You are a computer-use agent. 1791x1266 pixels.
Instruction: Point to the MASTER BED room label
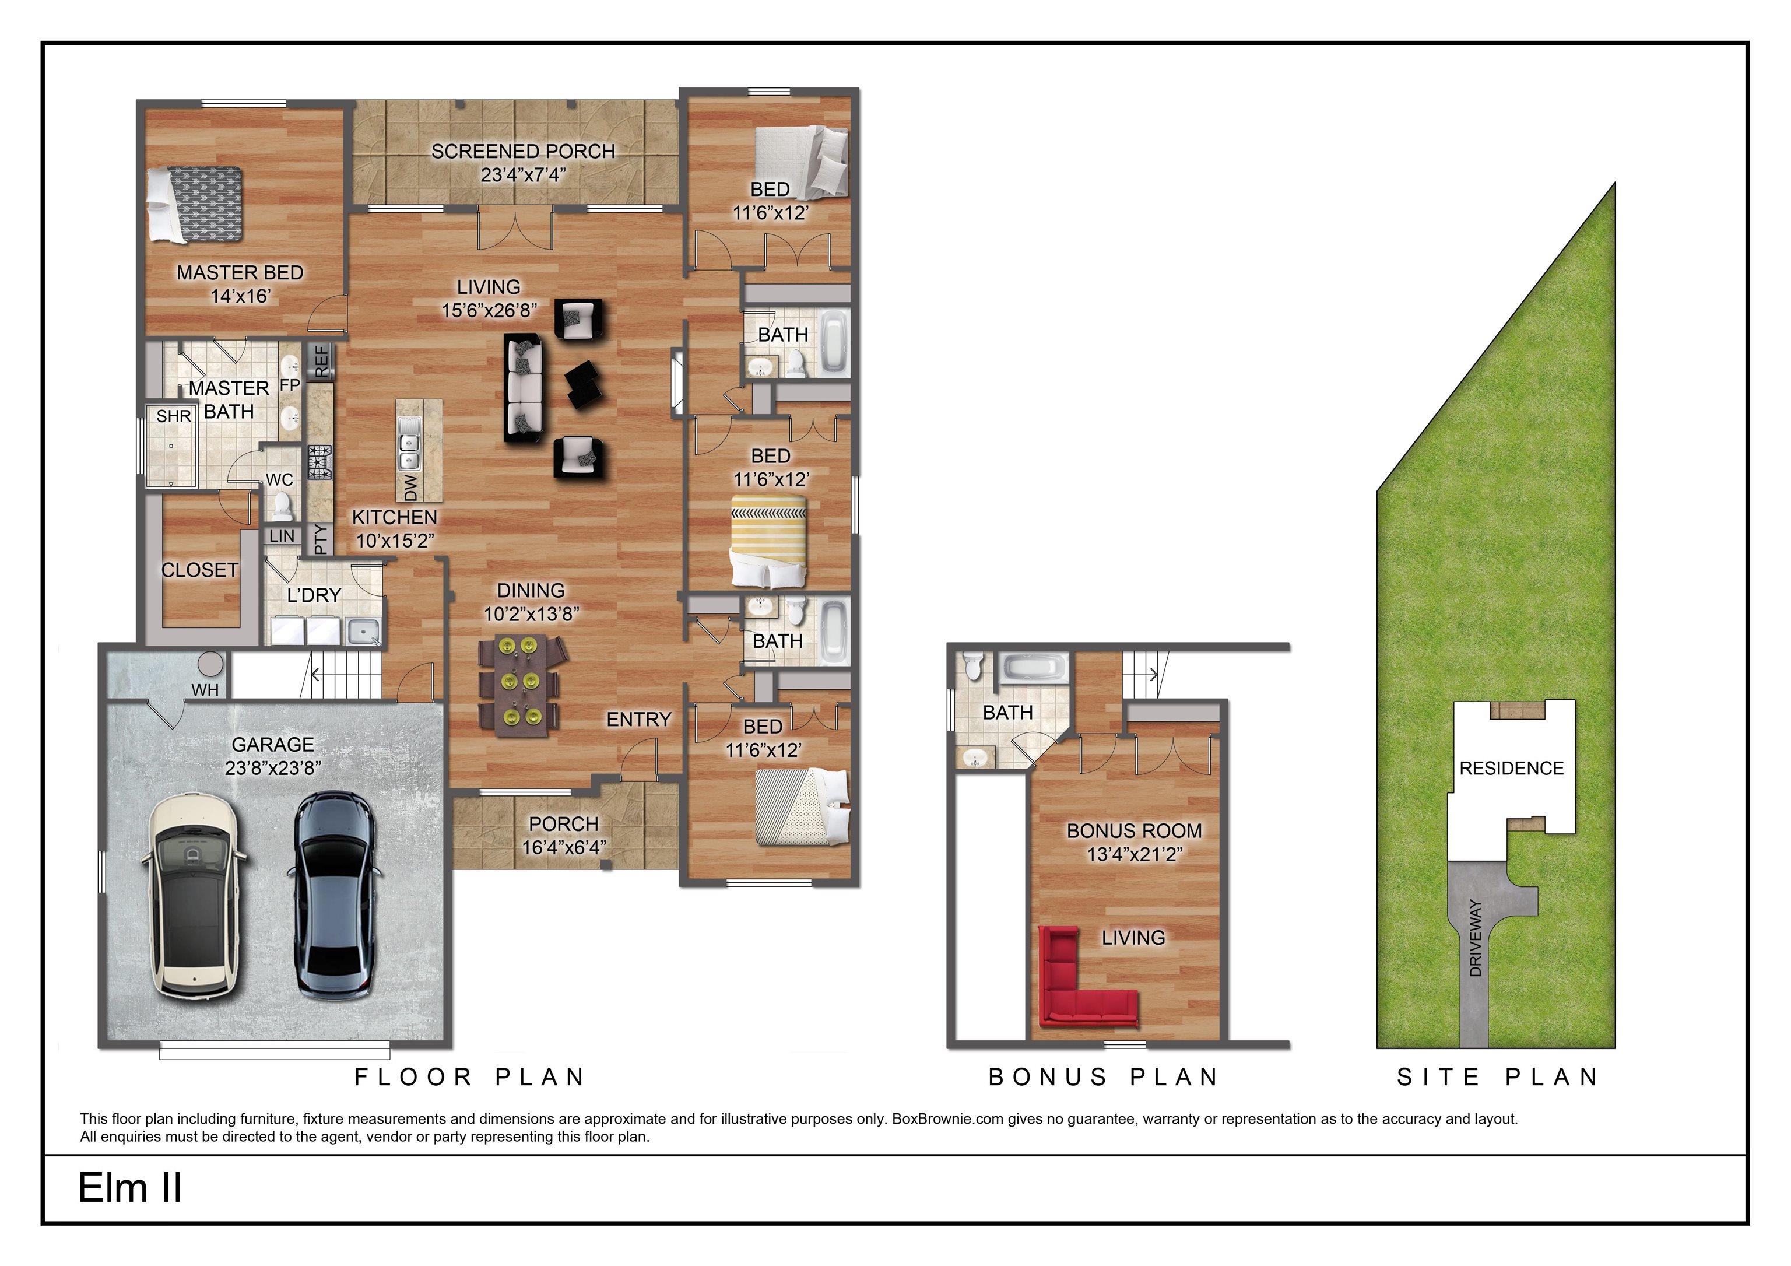(240, 273)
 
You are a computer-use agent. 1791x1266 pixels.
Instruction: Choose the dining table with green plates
(519, 685)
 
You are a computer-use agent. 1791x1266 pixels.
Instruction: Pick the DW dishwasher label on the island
(410, 488)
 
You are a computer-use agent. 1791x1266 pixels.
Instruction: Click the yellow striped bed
(768, 540)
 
